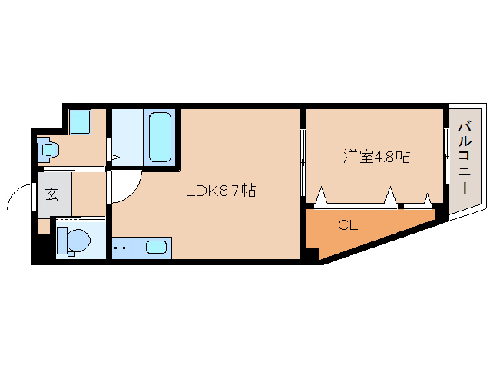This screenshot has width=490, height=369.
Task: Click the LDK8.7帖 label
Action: [220, 191]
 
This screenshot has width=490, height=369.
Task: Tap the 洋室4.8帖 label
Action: [376, 156]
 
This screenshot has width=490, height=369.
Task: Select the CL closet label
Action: [348, 225]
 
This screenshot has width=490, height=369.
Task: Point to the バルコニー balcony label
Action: [465, 158]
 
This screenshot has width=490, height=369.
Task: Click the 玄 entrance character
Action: [52, 194]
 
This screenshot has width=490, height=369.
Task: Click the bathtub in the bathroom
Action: [160, 137]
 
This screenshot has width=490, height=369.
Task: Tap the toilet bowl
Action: [78, 240]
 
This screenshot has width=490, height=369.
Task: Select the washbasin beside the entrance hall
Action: [49, 149]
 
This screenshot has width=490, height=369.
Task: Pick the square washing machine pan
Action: [80, 122]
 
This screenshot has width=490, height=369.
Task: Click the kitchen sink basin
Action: [156, 248]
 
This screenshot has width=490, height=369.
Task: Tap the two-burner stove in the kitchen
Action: [121, 248]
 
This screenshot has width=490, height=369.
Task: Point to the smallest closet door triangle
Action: [428, 199]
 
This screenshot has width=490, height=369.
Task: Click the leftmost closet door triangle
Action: [321, 195]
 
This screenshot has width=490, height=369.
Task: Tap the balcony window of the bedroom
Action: [446, 156]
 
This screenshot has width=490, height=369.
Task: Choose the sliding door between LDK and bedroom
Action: [303, 163]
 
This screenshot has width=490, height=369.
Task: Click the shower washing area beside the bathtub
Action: [127, 137]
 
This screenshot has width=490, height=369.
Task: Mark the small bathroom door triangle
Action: [115, 158]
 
